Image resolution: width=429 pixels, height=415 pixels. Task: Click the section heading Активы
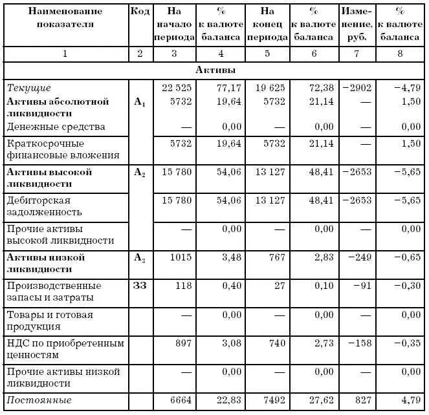pos(215,69)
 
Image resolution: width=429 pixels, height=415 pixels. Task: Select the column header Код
pos(140,11)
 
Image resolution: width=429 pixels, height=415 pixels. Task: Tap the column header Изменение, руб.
pos(357,24)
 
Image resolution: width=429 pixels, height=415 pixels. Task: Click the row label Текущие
pos(28,87)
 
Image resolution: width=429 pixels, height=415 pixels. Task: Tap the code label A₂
pos(140,173)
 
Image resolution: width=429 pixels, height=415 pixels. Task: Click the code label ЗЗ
pos(140,285)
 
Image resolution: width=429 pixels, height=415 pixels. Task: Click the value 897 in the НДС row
pos(184,343)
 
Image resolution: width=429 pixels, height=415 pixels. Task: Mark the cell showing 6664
pos(181,401)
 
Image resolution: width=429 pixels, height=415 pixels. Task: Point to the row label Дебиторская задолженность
pos(45,206)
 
